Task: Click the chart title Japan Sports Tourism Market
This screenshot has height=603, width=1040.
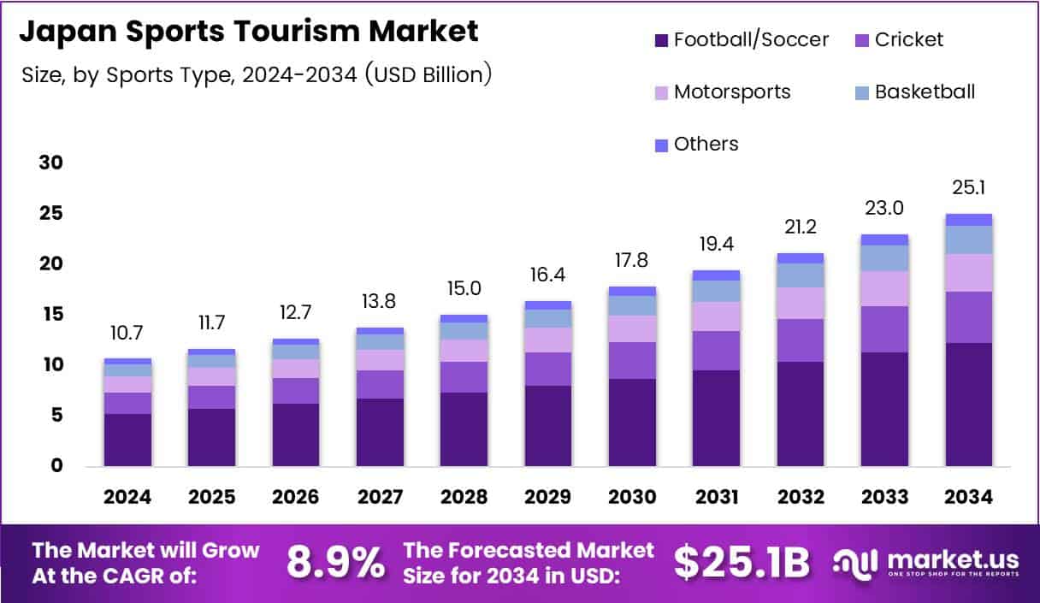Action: coord(248,32)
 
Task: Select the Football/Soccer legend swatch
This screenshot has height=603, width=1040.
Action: coord(661,40)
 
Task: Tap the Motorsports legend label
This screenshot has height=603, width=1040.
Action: coord(732,92)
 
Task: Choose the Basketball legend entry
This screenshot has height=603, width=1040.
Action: coord(925,92)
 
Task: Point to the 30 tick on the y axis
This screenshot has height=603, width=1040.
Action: coord(51,163)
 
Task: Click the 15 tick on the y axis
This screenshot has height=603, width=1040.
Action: coord(51,315)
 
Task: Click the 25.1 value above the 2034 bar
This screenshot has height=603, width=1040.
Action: coord(969,187)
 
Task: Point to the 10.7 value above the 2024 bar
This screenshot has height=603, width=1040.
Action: coord(127,333)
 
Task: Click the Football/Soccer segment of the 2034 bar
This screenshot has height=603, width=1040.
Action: coord(969,404)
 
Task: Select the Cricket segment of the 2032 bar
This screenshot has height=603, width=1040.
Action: coord(801,340)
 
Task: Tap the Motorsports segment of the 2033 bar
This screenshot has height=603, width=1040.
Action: coord(884,288)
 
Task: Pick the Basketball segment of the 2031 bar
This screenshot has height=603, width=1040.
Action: coord(717,291)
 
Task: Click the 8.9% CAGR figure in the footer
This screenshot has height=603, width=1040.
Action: coord(335,562)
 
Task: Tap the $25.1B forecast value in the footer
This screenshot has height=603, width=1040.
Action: coord(741,562)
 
